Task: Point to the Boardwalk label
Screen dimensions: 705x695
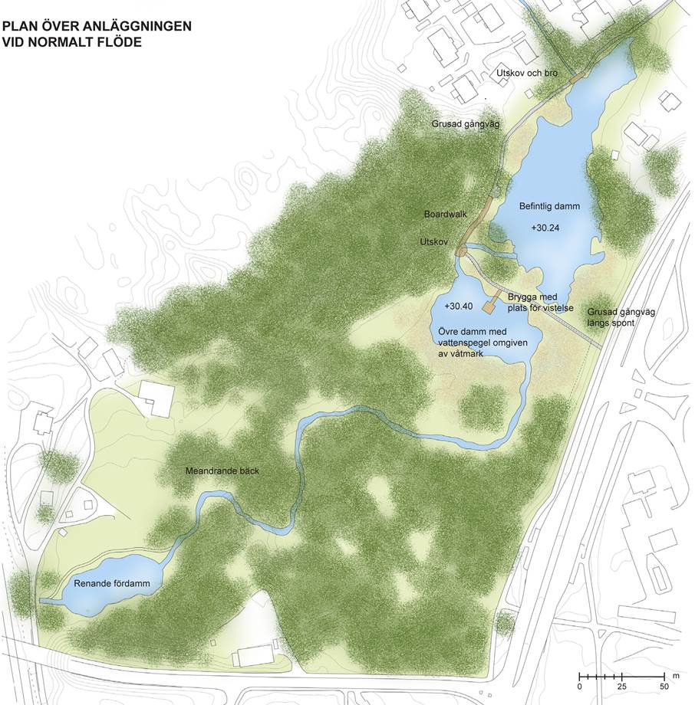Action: (446, 215)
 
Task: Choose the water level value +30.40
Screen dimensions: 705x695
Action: (458, 306)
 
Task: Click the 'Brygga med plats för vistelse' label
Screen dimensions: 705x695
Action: (541, 303)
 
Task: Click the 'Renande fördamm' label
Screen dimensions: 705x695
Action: (111, 584)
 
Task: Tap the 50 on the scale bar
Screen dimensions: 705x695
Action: (664, 687)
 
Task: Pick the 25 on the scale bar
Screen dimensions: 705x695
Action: (622, 687)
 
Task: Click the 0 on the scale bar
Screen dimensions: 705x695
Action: (580, 687)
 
